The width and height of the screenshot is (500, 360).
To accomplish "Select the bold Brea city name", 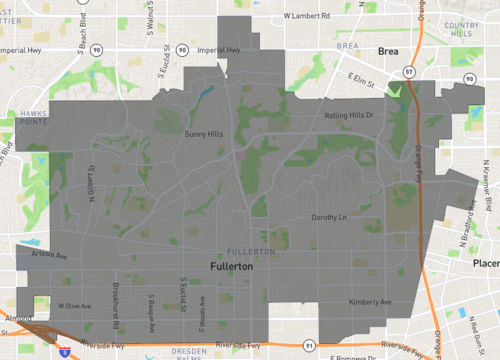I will pos(387,49).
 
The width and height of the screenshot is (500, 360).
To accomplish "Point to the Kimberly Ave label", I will pos(370,301).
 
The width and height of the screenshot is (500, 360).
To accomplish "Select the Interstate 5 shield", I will pos(63,353).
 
